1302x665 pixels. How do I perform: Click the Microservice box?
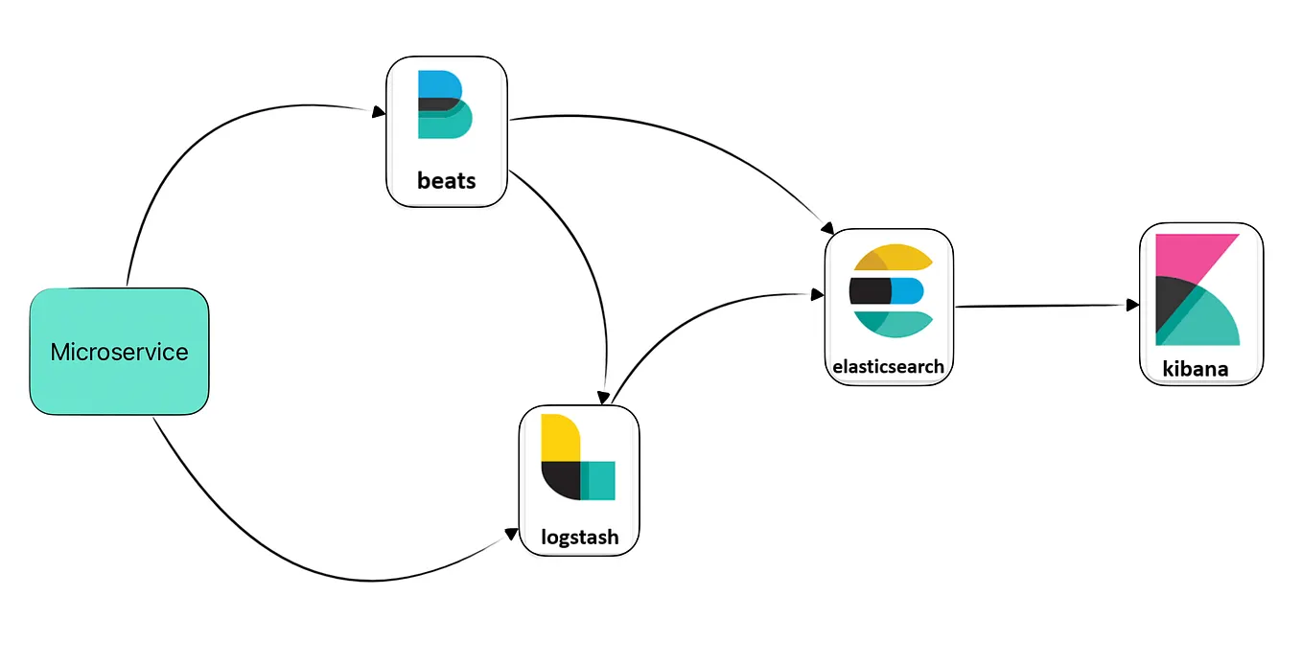pyautogui.click(x=119, y=352)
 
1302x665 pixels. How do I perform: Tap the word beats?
pyautogui.click(x=446, y=181)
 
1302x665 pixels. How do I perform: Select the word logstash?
pyautogui.click(x=578, y=537)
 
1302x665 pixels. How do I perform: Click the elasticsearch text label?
pyautogui.click(x=889, y=366)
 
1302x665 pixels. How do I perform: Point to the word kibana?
pyautogui.click(x=1195, y=368)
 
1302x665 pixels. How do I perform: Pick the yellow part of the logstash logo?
pyautogui.click(x=559, y=437)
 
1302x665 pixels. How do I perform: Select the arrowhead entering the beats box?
pyautogui.click(x=379, y=112)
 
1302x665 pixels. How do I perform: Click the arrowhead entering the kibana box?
pyautogui.click(x=1132, y=305)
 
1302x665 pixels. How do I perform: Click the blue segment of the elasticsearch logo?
pyautogui.click(x=907, y=290)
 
